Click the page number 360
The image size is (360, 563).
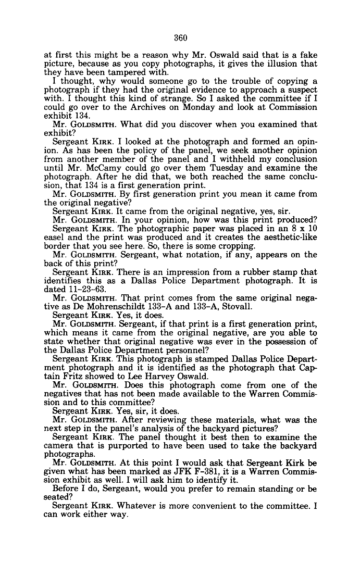180,37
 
